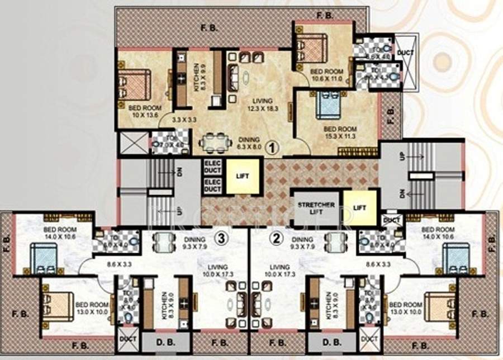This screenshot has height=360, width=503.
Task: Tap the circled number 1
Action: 271,148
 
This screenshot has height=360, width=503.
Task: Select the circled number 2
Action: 275,239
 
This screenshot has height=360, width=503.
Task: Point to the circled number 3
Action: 222,239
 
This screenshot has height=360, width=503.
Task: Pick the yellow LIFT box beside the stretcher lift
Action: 360,207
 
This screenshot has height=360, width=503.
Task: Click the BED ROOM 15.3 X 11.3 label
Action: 340,132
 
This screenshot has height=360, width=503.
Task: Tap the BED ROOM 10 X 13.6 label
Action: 145,111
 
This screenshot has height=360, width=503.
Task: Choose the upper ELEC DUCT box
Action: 212,167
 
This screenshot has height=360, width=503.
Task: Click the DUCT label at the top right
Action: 406,53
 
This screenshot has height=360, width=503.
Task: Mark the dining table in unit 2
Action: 334,241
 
